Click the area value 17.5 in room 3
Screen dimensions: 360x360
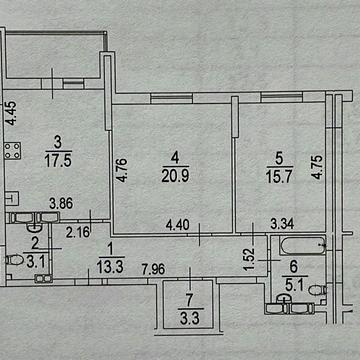[x=58, y=161]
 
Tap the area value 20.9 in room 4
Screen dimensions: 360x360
[x=175, y=177]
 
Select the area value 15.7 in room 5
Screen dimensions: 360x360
[x=279, y=177]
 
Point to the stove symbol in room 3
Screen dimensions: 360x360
[x=13, y=151]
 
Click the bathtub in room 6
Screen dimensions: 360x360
[x=303, y=245]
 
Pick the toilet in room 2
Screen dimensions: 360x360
[x=14, y=260]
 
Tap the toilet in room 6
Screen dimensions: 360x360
[x=317, y=290]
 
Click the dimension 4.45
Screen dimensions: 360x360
[x=12, y=113]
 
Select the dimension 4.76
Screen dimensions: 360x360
[x=122, y=171]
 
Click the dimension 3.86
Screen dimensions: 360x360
[x=61, y=203]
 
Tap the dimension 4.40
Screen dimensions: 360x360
[x=177, y=225]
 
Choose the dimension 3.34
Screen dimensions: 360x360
[x=282, y=224]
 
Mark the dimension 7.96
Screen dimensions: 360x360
[x=153, y=269]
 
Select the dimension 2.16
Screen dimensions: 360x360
[x=78, y=232]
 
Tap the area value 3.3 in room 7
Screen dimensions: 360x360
[x=190, y=319]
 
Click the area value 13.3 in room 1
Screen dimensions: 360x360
[x=110, y=267]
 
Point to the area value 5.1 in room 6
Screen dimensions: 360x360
[x=293, y=285]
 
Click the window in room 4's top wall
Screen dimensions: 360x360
[x=171, y=98]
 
